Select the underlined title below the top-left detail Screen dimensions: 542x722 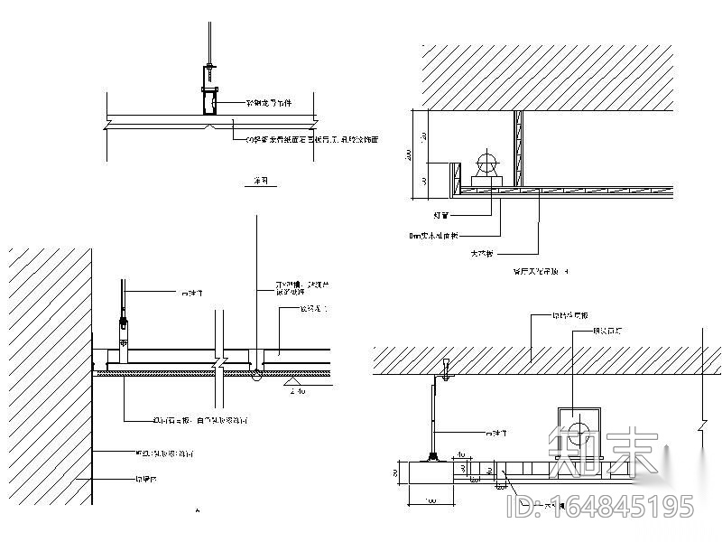pyautogui.click(x=261, y=182)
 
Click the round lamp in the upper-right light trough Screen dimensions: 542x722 pyautogui.click(x=486, y=164)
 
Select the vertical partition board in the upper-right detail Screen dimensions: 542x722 pyautogui.click(x=518, y=150)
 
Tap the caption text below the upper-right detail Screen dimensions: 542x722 pyautogui.click(x=540, y=270)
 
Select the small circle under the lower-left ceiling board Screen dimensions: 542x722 pyautogui.click(x=256, y=373)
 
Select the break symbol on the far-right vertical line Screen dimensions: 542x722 pyautogui.click(x=702, y=422)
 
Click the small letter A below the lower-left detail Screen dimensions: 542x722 pyautogui.click(x=198, y=511)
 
